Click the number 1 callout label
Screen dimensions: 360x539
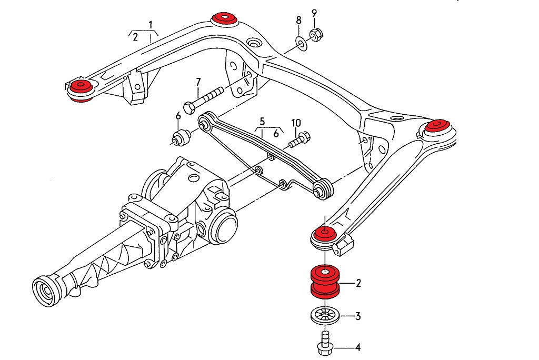[x=151, y=24]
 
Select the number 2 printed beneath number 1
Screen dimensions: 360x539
[x=135, y=37]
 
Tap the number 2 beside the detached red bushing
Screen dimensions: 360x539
[x=358, y=284]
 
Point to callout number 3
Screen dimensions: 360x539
[x=358, y=316]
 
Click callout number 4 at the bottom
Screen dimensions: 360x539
[x=358, y=347]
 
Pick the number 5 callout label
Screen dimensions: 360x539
[x=263, y=121]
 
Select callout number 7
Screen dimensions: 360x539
[x=198, y=82]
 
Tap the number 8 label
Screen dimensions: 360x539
[x=298, y=21]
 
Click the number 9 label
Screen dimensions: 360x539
[x=314, y=13]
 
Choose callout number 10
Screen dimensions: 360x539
[x=296, y=123]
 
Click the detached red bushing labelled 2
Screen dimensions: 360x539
[x=325, y=282]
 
